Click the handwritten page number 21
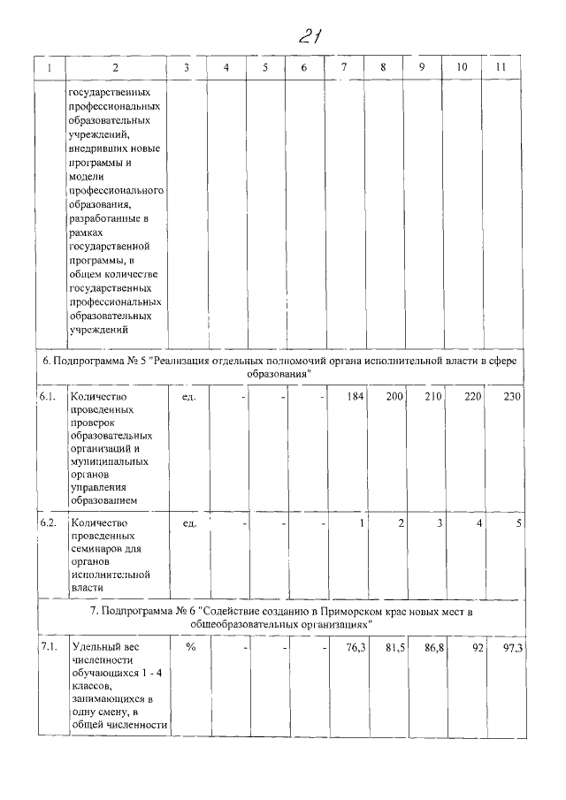[309, 36]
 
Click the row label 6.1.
[48, 397]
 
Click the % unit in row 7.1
[190, 648]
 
